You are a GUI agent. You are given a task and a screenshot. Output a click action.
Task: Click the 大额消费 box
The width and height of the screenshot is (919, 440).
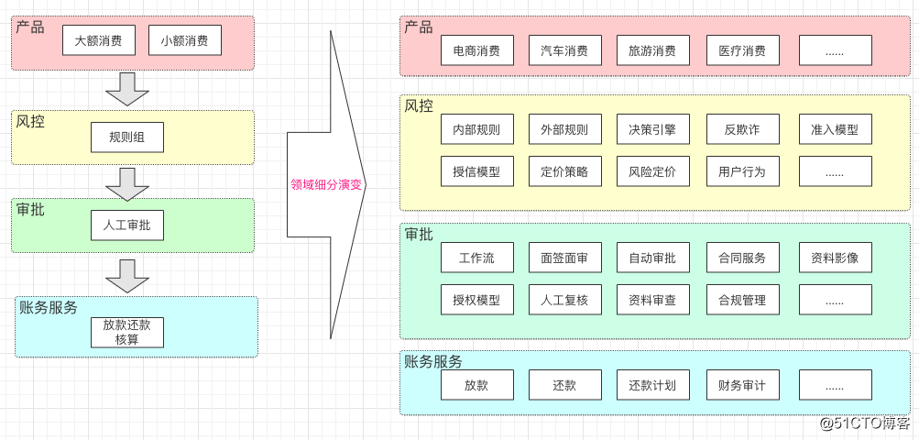(99, 40)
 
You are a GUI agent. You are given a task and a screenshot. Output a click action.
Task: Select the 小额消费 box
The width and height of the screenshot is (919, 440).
(184, 40)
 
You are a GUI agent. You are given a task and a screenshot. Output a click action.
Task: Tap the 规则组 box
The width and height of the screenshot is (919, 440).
(127, 137)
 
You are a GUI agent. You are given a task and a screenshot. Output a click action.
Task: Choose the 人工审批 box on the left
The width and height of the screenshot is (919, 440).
(127, 225)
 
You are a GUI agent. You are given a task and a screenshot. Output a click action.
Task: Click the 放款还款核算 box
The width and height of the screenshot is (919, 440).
(127, 332)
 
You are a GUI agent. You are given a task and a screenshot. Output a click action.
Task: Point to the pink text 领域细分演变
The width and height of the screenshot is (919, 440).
(326, 184)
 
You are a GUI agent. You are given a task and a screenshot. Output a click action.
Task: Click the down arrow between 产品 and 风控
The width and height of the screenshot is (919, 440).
(127, 89)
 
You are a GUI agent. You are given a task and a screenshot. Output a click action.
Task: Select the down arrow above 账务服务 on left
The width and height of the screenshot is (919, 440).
(127, 276)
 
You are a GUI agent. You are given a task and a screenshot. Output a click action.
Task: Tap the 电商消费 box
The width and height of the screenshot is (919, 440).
(476, 50)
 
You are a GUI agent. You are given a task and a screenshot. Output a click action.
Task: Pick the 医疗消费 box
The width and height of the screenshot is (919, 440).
(742, 50)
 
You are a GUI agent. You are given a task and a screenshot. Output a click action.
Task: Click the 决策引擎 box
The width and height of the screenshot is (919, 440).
(652, 129)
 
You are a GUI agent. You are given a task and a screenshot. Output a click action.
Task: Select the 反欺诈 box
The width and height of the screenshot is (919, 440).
(742, 129)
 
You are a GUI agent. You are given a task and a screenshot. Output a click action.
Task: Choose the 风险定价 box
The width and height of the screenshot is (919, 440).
(652, 171)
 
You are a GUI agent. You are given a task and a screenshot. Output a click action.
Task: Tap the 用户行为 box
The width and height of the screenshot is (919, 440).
(742, 171)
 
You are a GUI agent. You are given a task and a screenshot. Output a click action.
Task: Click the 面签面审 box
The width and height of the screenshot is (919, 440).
(564, 258)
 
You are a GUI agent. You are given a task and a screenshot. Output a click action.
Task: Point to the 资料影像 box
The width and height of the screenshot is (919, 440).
(835, 258)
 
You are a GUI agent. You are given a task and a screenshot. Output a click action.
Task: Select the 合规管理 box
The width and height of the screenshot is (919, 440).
(742, 300)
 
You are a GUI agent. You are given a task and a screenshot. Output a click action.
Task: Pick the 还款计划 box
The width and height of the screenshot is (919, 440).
(652, 385)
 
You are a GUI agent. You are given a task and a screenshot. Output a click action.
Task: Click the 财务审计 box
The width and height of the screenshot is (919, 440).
(742, 385)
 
